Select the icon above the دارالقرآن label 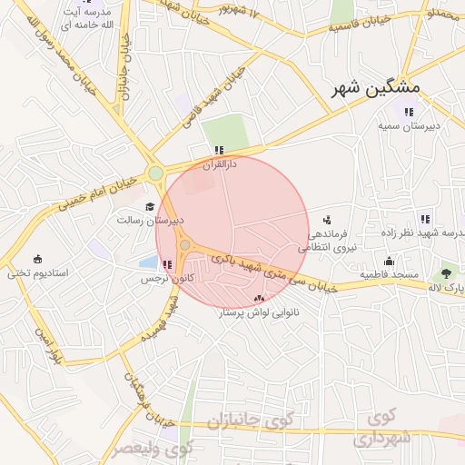218,150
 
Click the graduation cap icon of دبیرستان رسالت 149,207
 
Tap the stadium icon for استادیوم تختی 37,260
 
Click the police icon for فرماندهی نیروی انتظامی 327,221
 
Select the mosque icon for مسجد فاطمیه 389,261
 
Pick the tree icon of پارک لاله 446,272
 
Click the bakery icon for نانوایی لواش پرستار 260,298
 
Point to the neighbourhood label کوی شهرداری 391,428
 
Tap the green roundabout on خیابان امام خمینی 155,173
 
